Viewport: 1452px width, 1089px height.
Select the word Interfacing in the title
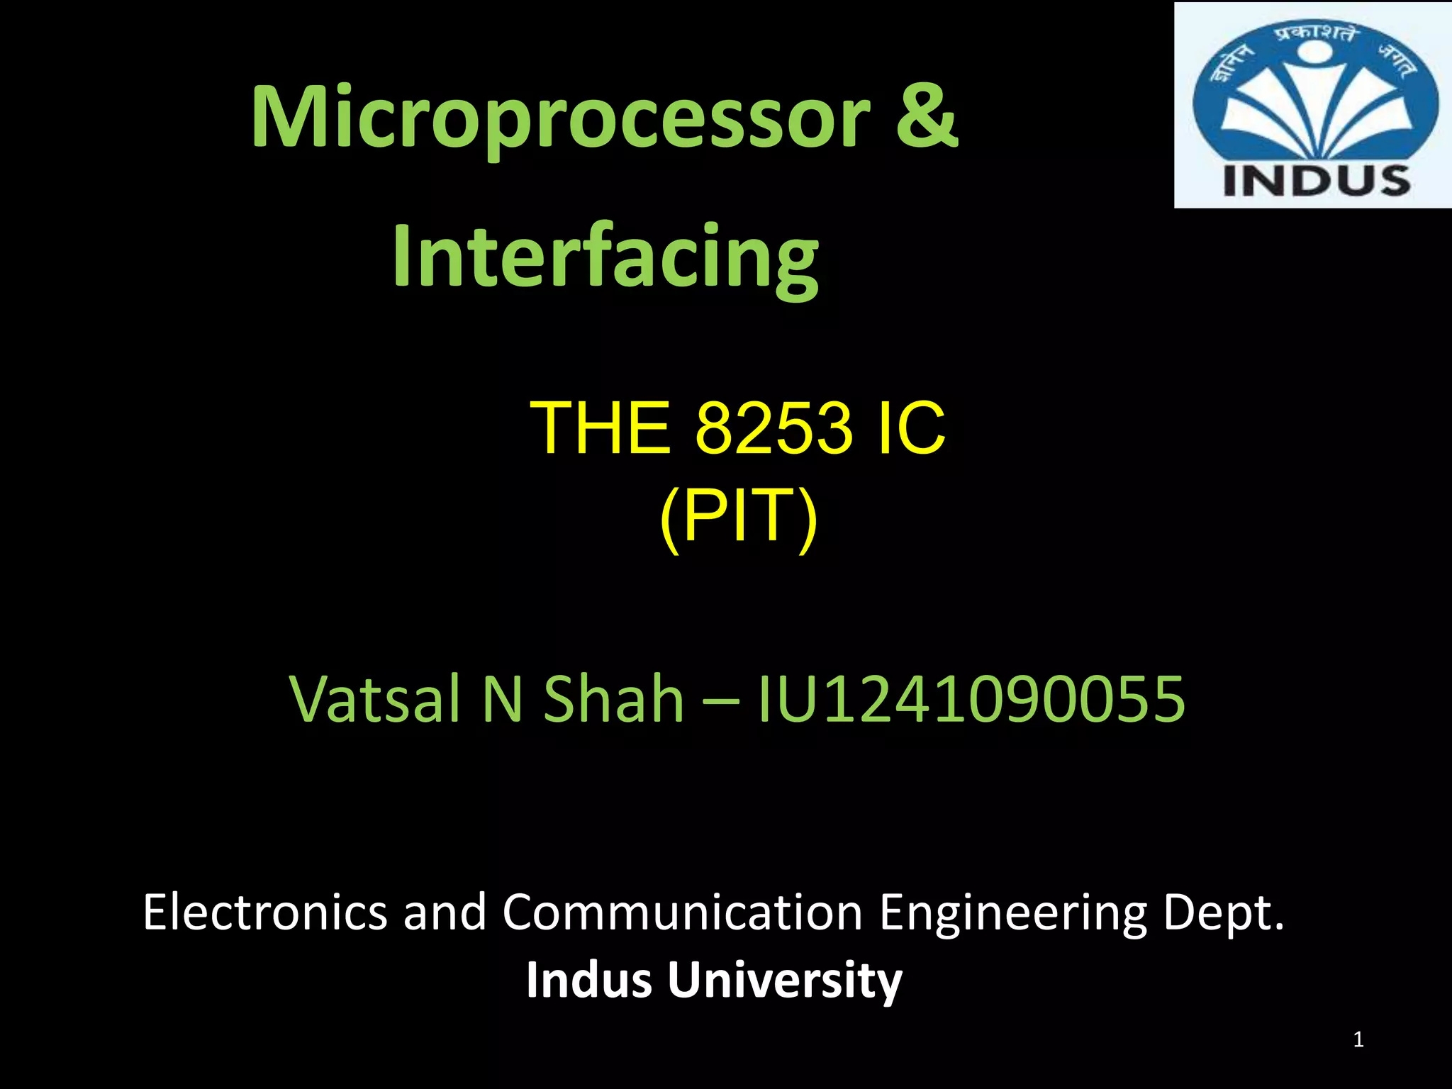[605, 257]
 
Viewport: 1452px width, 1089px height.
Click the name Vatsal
[376, 699]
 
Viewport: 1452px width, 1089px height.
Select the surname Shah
[613, 699]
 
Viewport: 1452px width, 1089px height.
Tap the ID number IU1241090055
[971, 699]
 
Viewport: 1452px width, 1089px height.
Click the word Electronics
[264, 912]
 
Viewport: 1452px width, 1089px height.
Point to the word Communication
[682, 912]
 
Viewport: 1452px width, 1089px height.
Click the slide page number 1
[1358, 1040]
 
